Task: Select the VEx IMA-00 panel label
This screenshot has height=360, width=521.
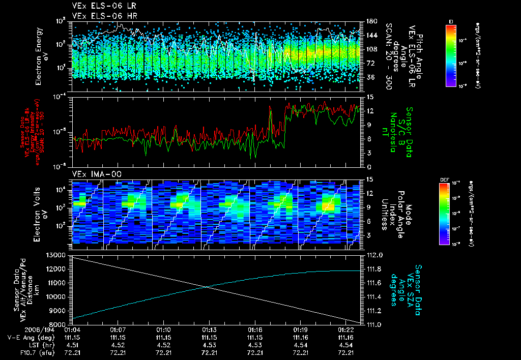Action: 93,174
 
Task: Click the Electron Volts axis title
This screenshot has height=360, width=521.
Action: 42,212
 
